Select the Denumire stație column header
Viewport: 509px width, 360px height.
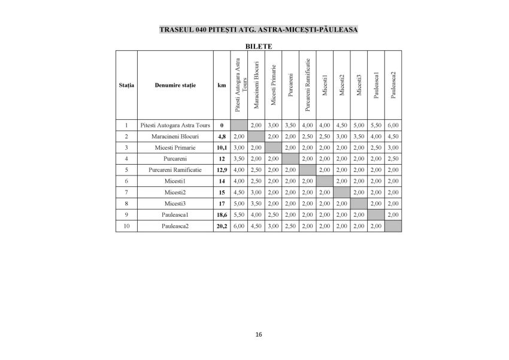175,85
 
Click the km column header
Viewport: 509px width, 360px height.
222,85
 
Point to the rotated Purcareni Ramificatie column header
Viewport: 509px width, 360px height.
307,84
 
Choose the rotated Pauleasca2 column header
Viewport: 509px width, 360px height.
393,84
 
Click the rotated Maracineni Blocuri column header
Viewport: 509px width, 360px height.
256,84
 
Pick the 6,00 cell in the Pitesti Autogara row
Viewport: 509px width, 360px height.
393,125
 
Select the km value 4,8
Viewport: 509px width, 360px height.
222,137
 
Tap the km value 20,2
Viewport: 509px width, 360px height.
222,226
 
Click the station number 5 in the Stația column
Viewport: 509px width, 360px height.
126,170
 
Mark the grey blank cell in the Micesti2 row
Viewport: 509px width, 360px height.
341,192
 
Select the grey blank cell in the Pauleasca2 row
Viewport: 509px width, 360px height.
393,226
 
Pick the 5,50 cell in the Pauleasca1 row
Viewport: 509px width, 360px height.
238,215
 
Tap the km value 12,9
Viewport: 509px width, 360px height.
222,170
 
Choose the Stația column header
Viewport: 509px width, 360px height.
126,85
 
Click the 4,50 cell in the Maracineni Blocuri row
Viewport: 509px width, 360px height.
393,137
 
